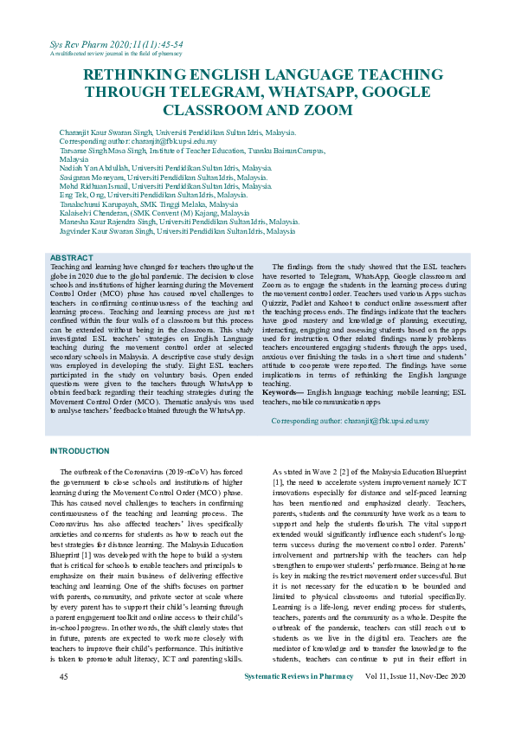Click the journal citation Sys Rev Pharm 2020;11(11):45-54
click(116, 43)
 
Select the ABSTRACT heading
click(71, 258)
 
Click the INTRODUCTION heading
click(80, 451)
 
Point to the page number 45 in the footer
click(63, 700)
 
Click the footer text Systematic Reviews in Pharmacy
click(300, 700)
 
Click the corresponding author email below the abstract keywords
click(351, 421)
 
